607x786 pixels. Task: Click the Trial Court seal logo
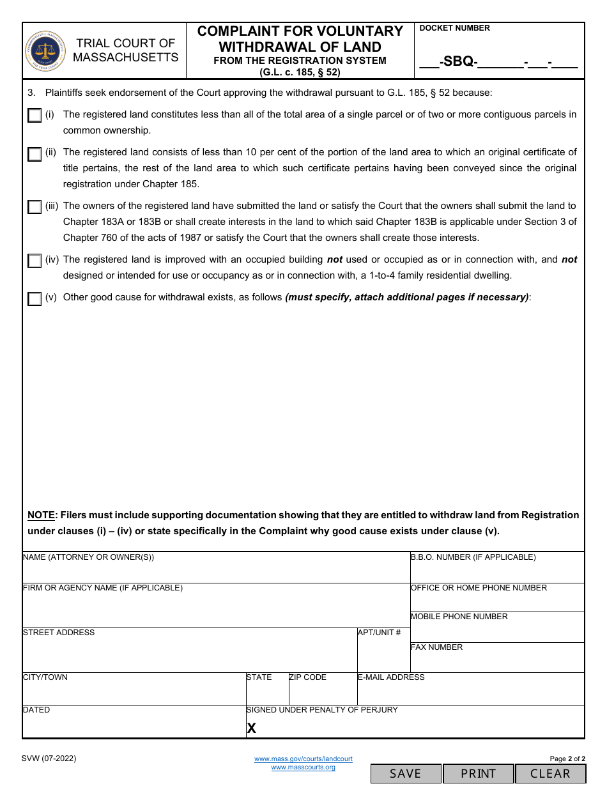(45, 51)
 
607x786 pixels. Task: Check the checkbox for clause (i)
(35, 116)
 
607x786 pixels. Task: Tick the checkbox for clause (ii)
(35, 154)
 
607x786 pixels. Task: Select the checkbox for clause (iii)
(35, 208)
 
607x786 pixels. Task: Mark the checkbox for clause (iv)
(35, 261)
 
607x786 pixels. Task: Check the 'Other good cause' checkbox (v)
(35, 299)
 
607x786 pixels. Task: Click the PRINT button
(479, 773)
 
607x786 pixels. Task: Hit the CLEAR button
(550, 773)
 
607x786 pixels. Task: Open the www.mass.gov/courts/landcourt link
(303, 759)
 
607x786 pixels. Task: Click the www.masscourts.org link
(303, 767)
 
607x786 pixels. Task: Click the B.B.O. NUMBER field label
(473, 557)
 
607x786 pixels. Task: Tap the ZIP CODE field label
(308, 677)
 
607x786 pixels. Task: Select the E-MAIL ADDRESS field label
(391, 677)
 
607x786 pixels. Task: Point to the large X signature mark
(252, 728)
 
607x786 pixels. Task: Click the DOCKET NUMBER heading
(455, 28)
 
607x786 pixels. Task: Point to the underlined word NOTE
(41, 515)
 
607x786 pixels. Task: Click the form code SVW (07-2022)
(49, 759)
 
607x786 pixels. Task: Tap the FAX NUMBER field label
(437, 647)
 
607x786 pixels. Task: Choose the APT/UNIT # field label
(380, 633)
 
